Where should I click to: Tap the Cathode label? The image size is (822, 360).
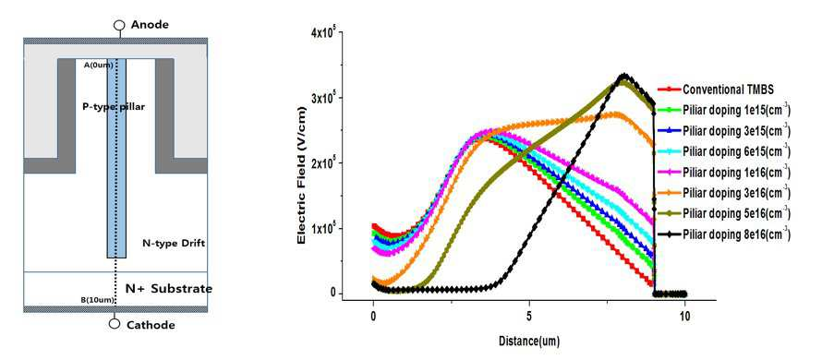(x=151, y=325)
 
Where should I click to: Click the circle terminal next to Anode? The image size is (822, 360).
(x=120, y=25)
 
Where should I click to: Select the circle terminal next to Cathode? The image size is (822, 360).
(x=115, y=323)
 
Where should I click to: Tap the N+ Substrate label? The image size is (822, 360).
(x=169, y=289)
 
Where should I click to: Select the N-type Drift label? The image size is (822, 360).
(x=174, y=243)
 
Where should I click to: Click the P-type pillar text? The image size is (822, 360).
(x=114, y=106)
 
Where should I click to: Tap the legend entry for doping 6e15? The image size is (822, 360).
(x=724, y=151)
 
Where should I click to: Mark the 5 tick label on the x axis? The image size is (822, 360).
(x=529, y=318)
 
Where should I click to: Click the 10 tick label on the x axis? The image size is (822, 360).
(x=684, y=318)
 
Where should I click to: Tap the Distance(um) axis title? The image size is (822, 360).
(x=528, y=342)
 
